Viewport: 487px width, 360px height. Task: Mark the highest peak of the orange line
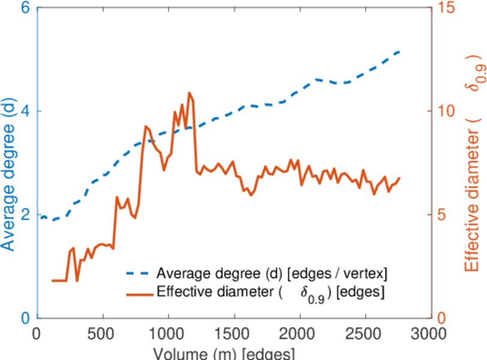click(190, 92)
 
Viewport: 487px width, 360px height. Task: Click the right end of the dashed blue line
click(399, 52)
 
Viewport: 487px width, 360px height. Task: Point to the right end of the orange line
click(399, 178)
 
